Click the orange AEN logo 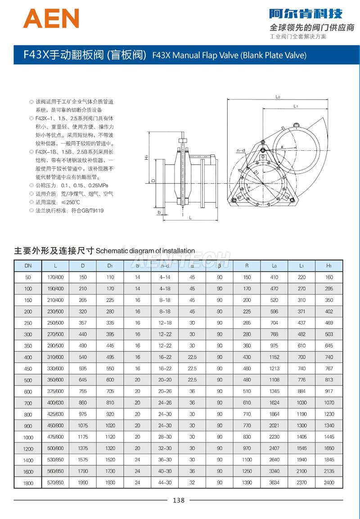[x=51, y=18]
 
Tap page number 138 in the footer [x=179, y=500]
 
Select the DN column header [x=28, y=266]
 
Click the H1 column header [x=329, y=266]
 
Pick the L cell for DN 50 [x=55, y=277]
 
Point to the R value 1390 [x=247, y=483]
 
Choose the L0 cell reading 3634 [x=274, y=483]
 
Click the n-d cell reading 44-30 [x=165, y=483]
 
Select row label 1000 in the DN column [x=28, y=437]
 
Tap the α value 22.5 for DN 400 [x=192, y=357]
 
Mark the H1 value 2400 [x=329, y=483]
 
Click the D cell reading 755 [x=83, y=392]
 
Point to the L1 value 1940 [x=301, y=460]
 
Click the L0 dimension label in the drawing [x=278, y=97]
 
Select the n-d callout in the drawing [x=240, y=150]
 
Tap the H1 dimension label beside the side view [x=147, y=158]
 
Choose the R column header [x=247, y=266]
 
